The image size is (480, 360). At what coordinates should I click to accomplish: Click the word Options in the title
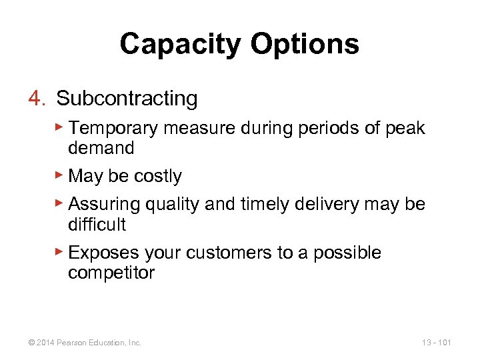click(305, 45)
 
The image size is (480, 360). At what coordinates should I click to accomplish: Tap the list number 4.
click(35, 99)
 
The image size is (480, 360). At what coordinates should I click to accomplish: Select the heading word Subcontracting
click(127, 99)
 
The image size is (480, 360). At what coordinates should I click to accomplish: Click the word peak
click(405, 128)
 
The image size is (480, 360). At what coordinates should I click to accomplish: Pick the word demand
click(101, 147)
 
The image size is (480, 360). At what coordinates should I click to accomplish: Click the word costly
click(157, 176)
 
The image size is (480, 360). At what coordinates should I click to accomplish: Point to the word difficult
click(97, 224)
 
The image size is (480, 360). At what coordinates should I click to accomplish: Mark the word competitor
click(111, 273)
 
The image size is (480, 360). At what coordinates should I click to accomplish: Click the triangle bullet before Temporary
click(59, 127)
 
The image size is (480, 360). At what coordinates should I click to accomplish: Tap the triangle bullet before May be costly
click(59, 175)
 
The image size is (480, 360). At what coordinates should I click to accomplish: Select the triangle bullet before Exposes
click(59, 251)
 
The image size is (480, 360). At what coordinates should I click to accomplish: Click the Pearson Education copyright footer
click(84, 343)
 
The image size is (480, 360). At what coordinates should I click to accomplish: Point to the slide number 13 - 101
click(436, 343)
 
